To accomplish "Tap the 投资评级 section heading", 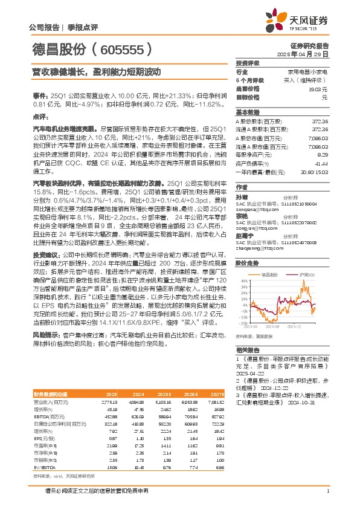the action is click(x=248, y=63).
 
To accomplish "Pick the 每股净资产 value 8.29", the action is click(x=321, y=155).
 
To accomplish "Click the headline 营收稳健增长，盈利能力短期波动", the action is click(x=96, y=71).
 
